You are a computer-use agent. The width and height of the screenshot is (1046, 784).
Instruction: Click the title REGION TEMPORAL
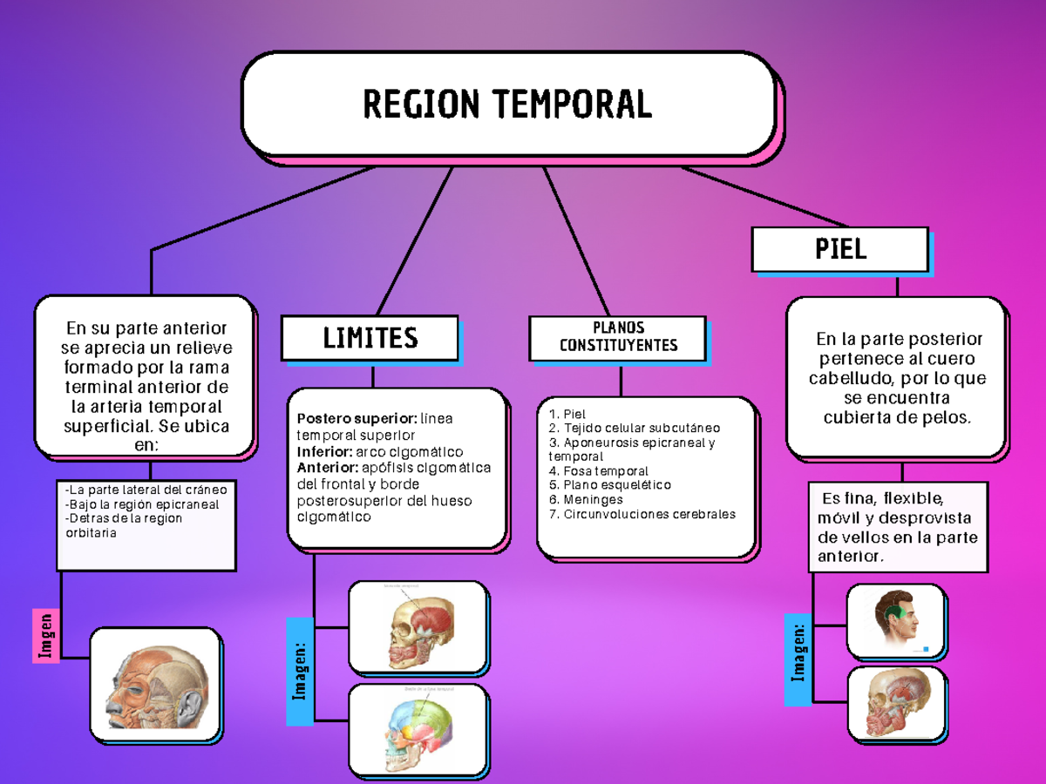pyautogui.click(x=507, y=105)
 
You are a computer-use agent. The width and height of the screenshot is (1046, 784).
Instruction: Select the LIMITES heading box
pyautogui.click(x=370, y=338)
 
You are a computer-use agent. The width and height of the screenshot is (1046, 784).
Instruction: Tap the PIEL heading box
pyautogui.click(x=840, y=250)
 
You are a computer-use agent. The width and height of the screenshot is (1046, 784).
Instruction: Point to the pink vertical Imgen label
pyautogui.click(x=46, y=635)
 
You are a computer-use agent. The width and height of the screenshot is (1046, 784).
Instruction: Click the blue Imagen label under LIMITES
pyautogui.click(x=300, y=671)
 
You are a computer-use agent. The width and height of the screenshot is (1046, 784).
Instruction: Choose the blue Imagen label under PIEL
pyautogui.click(x=798, y=659)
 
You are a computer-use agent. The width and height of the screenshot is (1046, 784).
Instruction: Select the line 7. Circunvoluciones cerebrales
pyautogui.click(x=642, y=514)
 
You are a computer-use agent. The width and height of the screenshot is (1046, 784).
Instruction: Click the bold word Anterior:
pyautogui.click(x=327, y=468)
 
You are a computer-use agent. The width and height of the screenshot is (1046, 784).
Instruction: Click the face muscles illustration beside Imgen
pyautogui.click(x=156, y=684)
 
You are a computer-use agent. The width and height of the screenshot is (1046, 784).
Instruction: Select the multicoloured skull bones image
pyautogui.click(x=418, y=730)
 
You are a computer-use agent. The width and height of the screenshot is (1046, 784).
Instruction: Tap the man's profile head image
pyautogui.click(x=896, y=622)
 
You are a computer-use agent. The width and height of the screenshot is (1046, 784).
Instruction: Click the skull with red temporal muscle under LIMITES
pyautogui.click(x=418, y=627)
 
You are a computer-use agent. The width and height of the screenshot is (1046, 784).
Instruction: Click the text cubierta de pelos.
pyautogui.click(x=897, y=417)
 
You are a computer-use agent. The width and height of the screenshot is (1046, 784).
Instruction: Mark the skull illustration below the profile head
pyautogui.click(x=897, y=703)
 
